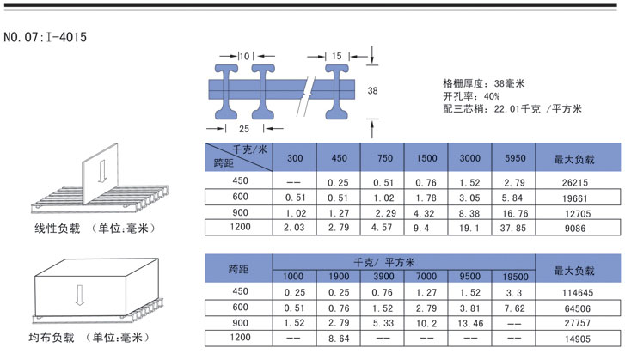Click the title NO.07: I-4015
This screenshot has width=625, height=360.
(x=45, y=37)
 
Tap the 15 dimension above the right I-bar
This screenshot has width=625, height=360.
(x=335, y=56)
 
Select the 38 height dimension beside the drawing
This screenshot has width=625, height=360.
(x=372, y=90)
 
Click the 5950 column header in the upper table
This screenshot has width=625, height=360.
(x=514, y=158)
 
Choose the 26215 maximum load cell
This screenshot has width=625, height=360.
(x=574, y=182)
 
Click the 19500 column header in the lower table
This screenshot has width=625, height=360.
(x=514, y=276)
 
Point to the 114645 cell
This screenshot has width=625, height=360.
(x=574, y=292)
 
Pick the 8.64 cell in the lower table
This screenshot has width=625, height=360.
(x=339, y=339)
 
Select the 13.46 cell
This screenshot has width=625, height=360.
(x=470, y=323)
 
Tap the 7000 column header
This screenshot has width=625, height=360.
(x=426, y=276)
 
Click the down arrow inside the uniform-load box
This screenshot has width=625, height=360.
(x=79, y=294)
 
